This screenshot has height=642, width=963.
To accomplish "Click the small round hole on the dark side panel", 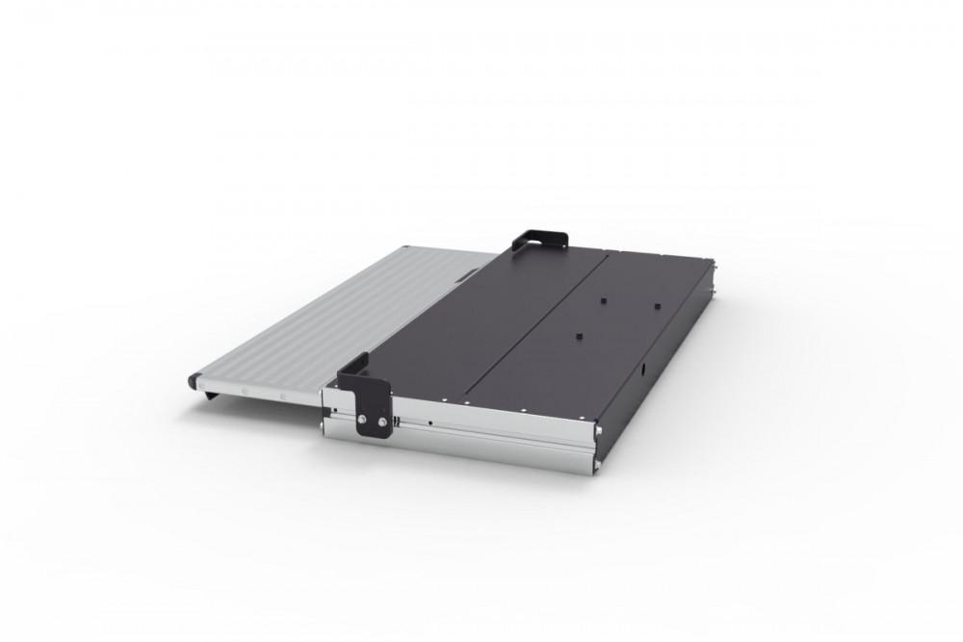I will point(642,370).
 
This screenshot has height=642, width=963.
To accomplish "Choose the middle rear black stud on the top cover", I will point(598,299).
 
